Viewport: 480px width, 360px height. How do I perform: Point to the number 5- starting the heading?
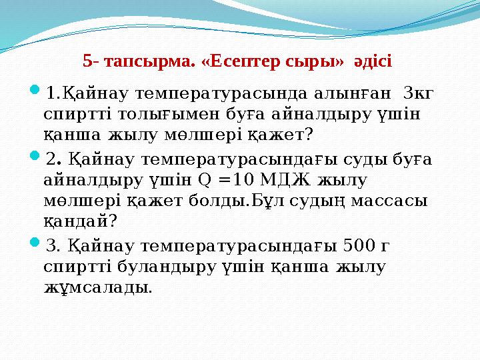(x=91, y=62)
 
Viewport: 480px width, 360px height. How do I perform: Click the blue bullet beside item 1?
(x=35, y=88)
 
